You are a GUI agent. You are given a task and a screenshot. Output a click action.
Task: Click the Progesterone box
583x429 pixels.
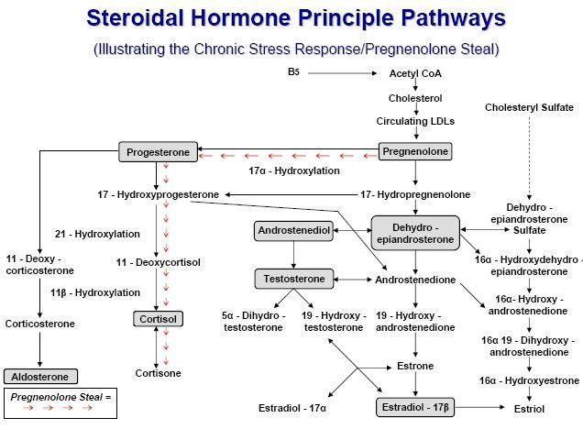158,151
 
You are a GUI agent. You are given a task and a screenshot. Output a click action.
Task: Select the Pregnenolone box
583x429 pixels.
415,151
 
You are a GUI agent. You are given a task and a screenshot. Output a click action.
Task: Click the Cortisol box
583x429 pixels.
159,319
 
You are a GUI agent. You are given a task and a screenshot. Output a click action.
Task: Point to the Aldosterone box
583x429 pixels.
41,376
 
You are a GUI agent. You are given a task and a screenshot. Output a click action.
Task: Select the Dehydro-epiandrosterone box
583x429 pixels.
415,232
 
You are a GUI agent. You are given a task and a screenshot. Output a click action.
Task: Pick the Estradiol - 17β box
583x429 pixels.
414,406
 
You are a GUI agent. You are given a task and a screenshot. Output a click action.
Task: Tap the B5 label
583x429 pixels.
295,71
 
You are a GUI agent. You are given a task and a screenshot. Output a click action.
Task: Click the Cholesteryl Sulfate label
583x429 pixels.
528,107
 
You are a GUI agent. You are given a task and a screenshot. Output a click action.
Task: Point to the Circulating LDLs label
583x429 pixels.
415,120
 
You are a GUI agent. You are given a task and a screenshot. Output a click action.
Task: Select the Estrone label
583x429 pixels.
415,366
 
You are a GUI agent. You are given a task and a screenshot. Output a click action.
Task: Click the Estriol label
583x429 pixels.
529,408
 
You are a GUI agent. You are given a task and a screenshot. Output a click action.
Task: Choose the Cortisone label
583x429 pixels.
159,373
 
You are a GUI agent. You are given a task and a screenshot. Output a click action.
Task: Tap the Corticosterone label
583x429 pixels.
40,324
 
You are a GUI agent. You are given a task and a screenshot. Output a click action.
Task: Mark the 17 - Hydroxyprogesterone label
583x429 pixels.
159,194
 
